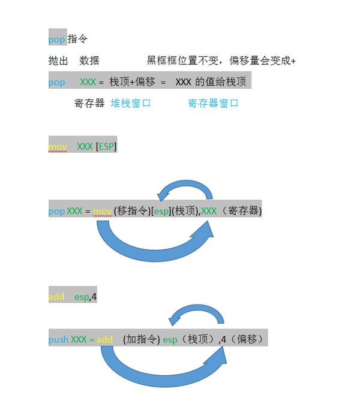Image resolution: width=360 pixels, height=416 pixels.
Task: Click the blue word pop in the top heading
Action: (x=57, y=39)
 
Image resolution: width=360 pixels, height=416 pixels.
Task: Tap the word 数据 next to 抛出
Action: (x=89, y=61)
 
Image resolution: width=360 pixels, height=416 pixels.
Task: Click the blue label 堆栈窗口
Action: (x=131, y=103)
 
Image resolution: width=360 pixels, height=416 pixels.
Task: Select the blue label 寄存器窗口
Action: (x=214, y=103)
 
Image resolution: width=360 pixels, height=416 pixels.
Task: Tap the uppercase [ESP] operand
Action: (x=107, y=146)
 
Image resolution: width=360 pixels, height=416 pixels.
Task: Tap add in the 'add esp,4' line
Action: (x=56, y=297)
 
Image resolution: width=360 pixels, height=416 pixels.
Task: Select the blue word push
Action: (x=59, y=339)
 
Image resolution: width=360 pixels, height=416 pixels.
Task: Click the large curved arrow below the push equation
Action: (x=162, y=370)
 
